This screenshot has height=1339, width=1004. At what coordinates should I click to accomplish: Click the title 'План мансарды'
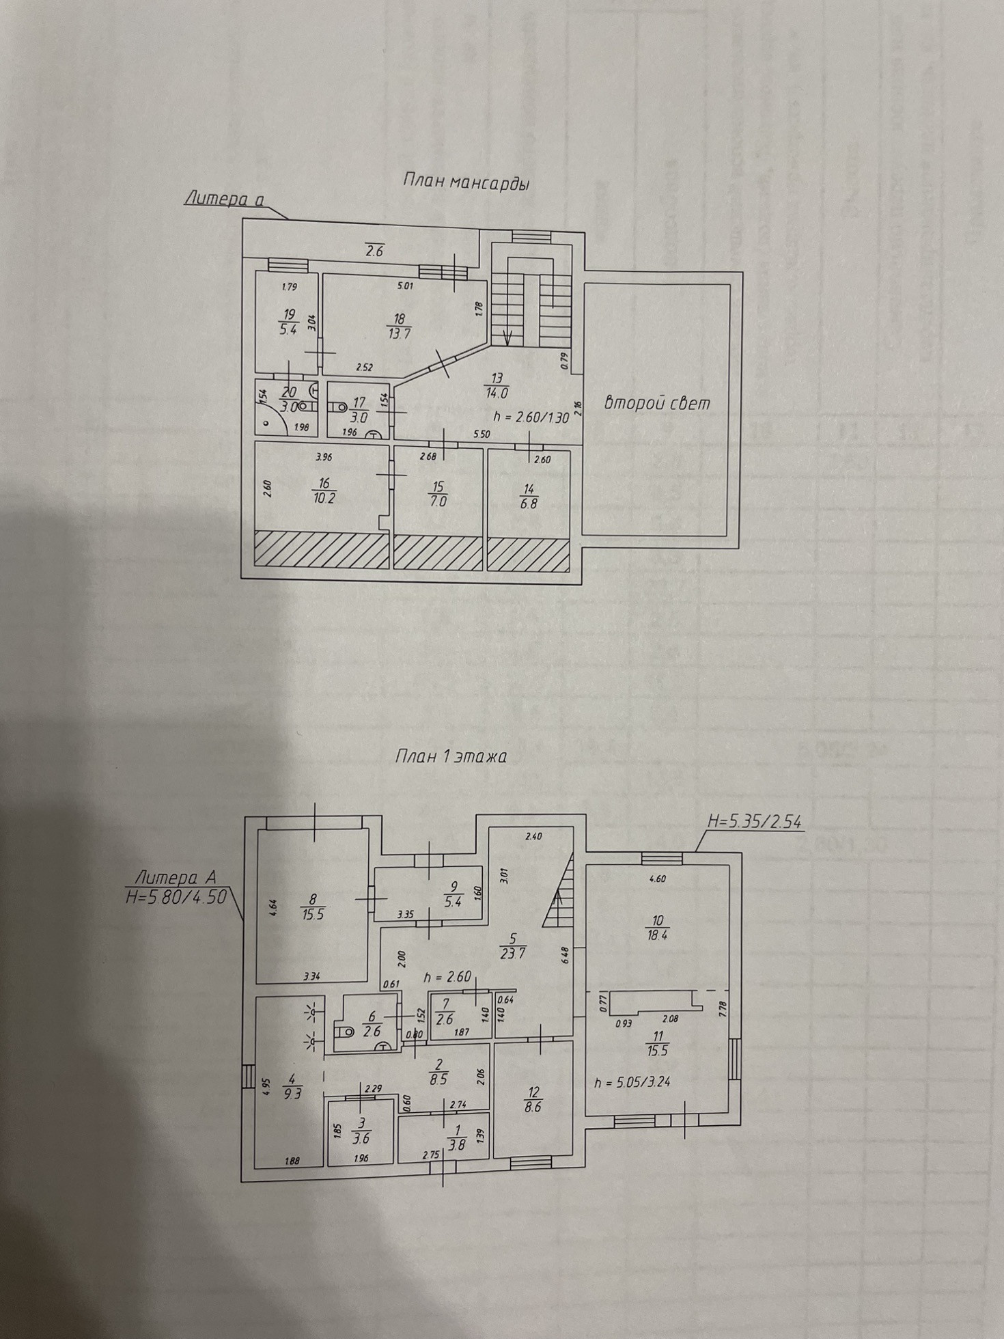[x=466, y=182]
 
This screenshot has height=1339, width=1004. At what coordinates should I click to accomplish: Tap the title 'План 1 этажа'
[x=451, y=757]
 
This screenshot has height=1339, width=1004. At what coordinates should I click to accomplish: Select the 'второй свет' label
[x=657, y=403]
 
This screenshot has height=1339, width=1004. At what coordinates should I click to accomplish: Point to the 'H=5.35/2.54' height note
[x=755, y=822]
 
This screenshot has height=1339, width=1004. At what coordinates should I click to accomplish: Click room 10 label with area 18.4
[x=656, y=927]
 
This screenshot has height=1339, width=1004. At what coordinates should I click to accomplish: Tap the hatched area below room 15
[x=438, y=552]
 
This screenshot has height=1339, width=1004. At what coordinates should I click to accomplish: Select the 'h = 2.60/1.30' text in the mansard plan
[x=530, y=417]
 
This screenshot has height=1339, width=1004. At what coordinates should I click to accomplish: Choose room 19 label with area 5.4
[x=289, y=321]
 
